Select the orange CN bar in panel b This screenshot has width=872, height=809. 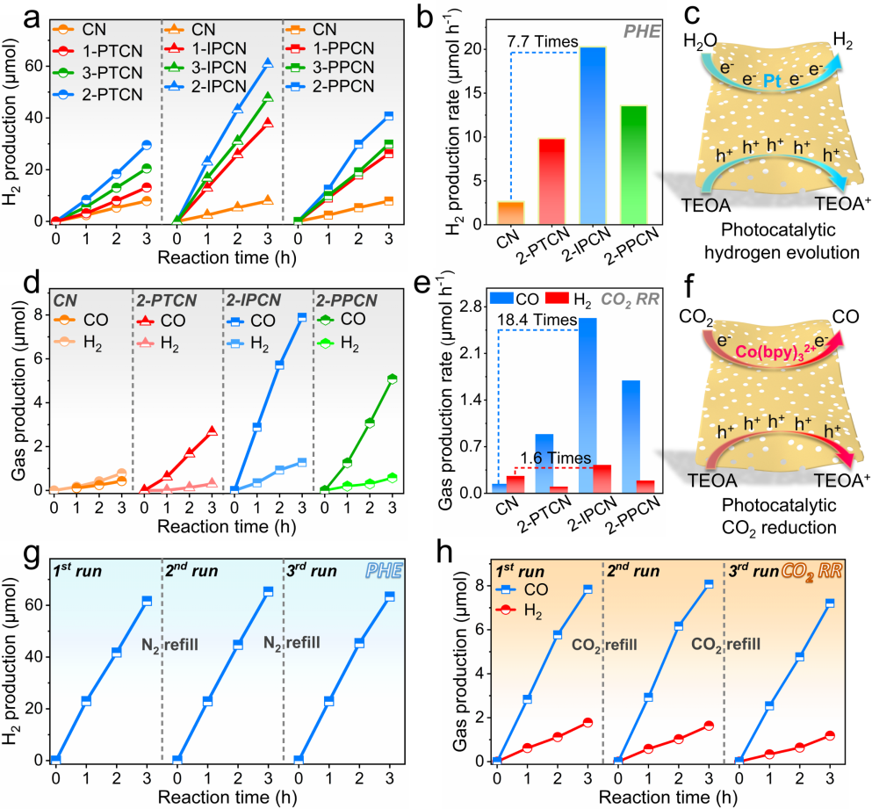[510, 213]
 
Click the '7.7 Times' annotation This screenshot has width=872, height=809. [542, 41]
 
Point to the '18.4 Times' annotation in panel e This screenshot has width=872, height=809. [537, 320]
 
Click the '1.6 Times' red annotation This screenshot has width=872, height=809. [556, 458]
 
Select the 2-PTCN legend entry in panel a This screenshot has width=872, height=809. [97, 94]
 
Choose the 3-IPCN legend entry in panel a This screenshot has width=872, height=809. [205, 68]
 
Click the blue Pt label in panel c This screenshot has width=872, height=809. [772, 81]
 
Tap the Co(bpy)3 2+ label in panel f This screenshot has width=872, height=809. [776, 351]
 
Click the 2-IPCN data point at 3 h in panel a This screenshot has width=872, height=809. [268, 63]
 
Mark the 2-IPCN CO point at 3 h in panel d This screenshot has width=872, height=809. [302, 317]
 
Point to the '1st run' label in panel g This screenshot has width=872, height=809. [77, 571]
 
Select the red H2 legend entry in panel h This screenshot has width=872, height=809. [518, 611]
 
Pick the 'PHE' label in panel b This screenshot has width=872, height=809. [642, 31]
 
